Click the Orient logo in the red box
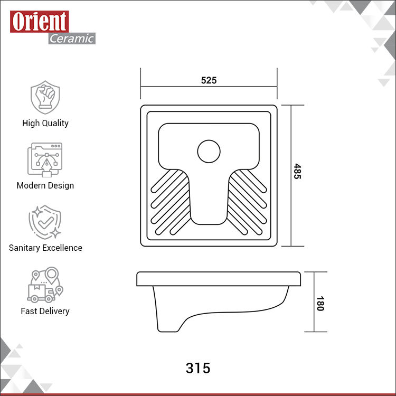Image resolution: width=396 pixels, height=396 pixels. point(40,22)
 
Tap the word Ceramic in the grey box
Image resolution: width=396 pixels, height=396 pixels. point(72,39)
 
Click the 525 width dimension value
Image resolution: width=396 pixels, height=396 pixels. point(209,80)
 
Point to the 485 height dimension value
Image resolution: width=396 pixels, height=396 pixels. point(297,172)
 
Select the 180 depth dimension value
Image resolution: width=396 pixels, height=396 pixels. point(320,304)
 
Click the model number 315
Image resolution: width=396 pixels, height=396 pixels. point(198,368)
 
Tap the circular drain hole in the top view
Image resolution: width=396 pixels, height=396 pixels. point(209,152)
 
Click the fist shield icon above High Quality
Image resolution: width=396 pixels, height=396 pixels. point(45,97)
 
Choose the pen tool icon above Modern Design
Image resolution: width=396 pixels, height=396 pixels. point(45,160)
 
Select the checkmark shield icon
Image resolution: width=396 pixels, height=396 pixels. point(45,222)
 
